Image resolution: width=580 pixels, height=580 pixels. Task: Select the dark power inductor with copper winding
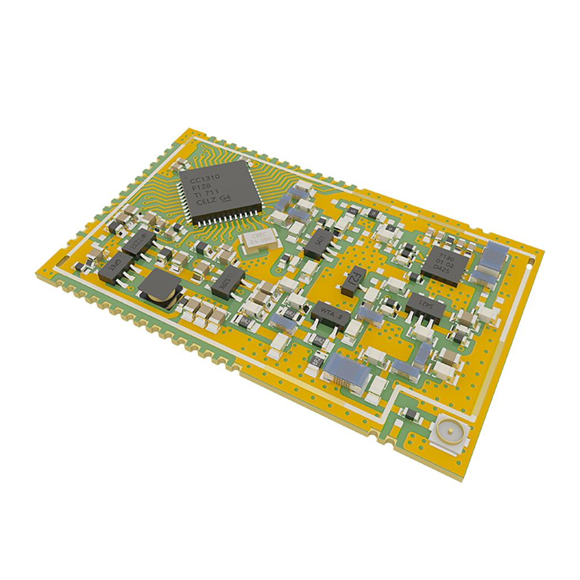(x=160, y=289)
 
